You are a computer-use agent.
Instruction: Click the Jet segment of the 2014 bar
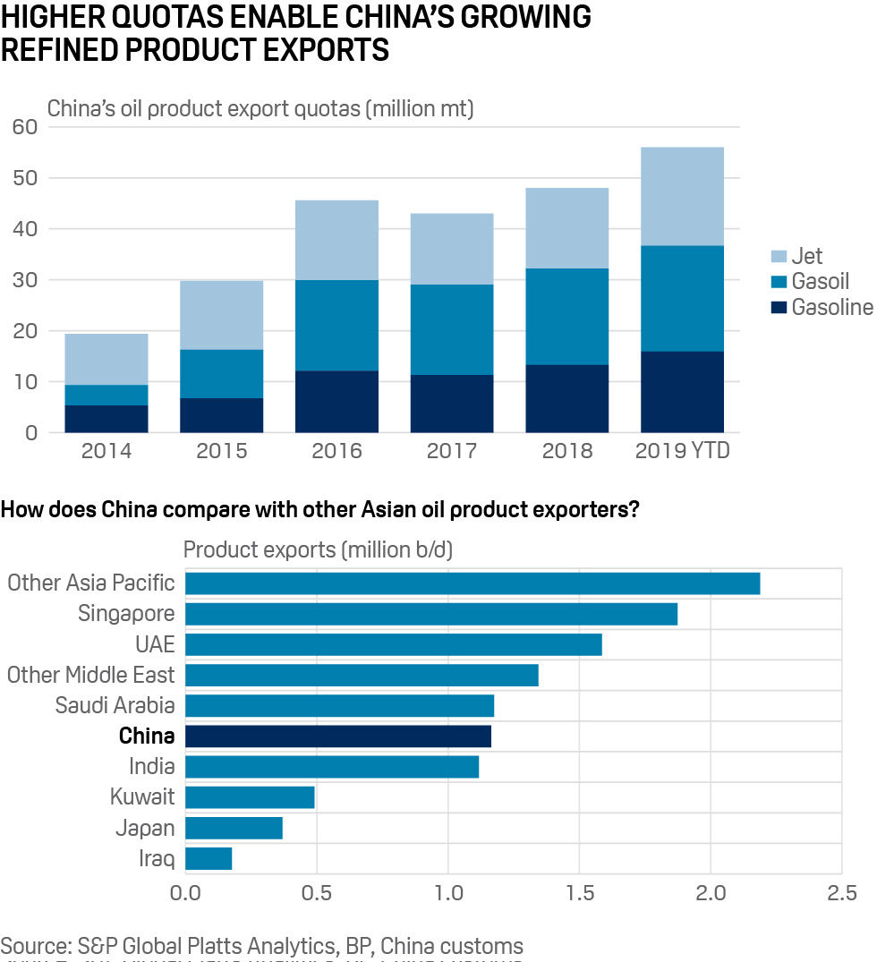point(106,359)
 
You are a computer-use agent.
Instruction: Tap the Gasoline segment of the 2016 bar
point(336,402)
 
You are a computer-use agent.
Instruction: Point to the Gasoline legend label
point(831,308)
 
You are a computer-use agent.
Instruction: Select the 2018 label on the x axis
point(566,450)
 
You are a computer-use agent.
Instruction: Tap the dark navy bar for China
point(337,736)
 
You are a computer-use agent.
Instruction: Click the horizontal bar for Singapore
point(430,614)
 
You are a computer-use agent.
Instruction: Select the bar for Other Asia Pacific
point(472,583)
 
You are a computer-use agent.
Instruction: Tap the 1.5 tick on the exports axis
point(579,893)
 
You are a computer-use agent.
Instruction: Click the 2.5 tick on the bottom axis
point(840,893)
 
